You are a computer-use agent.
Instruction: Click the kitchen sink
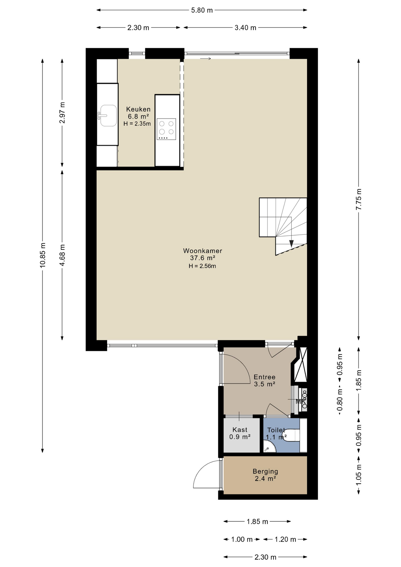click(x=108, y=115)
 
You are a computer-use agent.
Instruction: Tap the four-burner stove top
click(x=166, y=129)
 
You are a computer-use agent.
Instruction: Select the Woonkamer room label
click(x=203, y=251)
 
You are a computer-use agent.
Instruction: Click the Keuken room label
click(x=138, y=109)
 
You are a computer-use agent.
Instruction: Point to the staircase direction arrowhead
click(x=291, y=244)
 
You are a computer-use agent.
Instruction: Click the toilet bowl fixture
click(x=291, y=436)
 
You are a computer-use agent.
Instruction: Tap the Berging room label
click(x=265, y=472)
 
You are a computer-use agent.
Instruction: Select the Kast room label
click(x=240, y=430)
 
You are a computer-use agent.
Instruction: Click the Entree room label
click(x=265, y=377)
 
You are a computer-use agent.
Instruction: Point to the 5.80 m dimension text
click(x=202, y=10)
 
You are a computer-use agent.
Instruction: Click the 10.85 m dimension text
click(x=43, y=255)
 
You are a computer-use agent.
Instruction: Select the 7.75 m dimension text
click(x=358, y=199)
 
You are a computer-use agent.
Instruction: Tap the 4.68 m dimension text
click(x=62, y=255)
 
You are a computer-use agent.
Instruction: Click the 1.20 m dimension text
click(x=285, y=540)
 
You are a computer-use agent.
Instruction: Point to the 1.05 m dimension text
click(x=358, y=475)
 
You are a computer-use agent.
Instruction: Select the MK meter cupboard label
click(x=300, y=402)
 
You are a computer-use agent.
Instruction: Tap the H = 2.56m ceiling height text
click(x=202, y=266)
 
